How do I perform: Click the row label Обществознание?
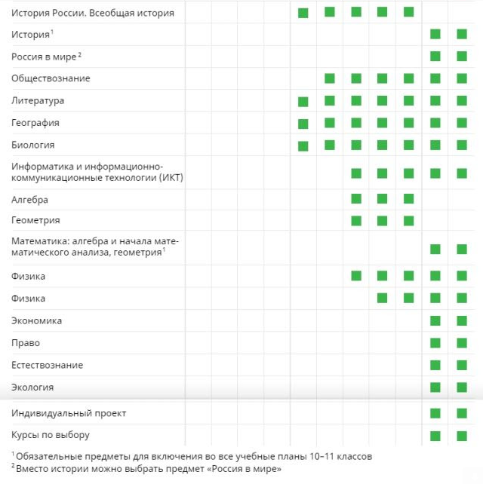pos(51,78)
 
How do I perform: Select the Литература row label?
pos(38,100)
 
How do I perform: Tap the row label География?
pos(35,122)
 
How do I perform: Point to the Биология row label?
pos(33,144)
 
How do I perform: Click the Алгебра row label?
pos(30,200)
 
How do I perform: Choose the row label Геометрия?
pos(35,220)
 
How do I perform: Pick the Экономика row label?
pos(37,320)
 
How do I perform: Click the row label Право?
pos(26,342)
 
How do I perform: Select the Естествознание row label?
pos(48,365)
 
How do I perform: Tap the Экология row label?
pos(32,387)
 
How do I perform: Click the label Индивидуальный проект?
pos(69,413)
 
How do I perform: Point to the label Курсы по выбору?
pos(51,435)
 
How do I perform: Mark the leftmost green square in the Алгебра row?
pos(356,199)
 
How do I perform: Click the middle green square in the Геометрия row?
pos(382,221)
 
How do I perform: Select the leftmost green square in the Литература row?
pos(303,102)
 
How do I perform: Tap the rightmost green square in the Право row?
pos(461,343)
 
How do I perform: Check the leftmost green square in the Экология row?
pos(435,388)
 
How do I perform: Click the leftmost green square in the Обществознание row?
pos(330,78)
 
